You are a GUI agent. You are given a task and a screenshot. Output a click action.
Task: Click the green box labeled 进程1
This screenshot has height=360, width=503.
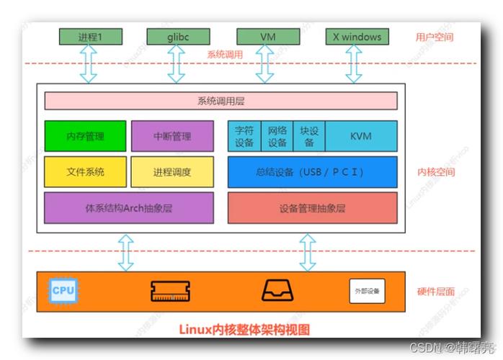click(x=89, y=36)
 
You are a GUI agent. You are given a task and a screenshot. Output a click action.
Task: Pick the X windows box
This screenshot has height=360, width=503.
click(x=352, y=36)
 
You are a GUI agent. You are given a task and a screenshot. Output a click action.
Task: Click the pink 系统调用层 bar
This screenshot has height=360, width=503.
click(x=221, y=101)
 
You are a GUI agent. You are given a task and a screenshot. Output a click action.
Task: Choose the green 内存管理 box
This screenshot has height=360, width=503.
click(x=85, y=136)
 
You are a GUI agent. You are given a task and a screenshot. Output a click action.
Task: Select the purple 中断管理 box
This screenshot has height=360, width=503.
click(x=172, y=136)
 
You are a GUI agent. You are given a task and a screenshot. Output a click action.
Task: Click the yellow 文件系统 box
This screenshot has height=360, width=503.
click(x=85, y=172)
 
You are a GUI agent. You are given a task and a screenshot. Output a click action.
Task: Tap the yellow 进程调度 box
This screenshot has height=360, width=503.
click(x=172, y=172)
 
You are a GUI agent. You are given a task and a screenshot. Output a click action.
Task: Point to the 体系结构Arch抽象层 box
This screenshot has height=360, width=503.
click(x=128, y=207)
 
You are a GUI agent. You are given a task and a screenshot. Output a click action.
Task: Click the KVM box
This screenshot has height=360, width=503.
click(x=361, y=136)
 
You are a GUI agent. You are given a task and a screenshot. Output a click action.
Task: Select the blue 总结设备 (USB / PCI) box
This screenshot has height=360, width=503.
click(x=312, y=172)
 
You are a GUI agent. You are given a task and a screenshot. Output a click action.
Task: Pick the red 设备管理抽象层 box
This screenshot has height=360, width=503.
click(x=312, y=208)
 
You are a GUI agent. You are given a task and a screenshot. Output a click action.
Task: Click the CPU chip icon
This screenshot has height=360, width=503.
click(x=62, y=291)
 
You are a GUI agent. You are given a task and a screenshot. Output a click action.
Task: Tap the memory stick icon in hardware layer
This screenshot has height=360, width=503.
click(x=170, y=291)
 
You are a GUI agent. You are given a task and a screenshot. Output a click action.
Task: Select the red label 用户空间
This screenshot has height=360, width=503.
click(x=435, y=37)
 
